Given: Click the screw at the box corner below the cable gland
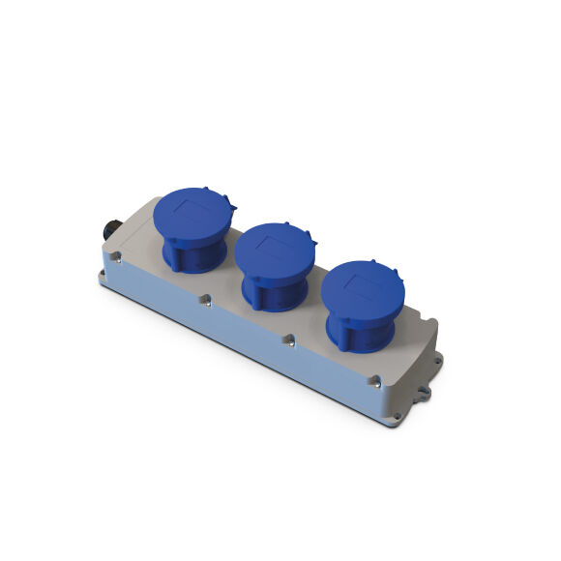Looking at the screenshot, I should point(115,258).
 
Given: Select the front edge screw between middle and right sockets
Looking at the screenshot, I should point(287,340).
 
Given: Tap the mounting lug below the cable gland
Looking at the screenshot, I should point(102,278).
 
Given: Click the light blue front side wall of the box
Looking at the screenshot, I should point(242,339).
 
